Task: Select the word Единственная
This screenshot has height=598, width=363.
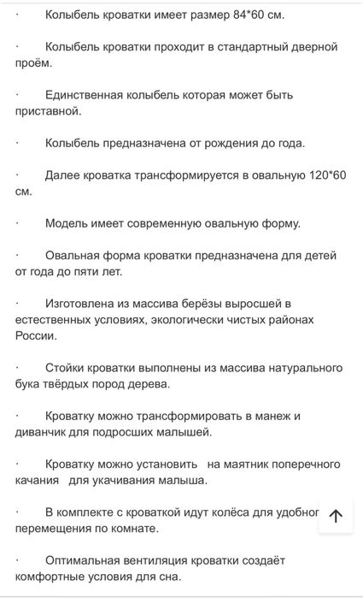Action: (85, 95)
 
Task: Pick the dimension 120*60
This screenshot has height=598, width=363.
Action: (323, 175)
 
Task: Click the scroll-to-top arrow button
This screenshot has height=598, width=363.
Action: (336, 515)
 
